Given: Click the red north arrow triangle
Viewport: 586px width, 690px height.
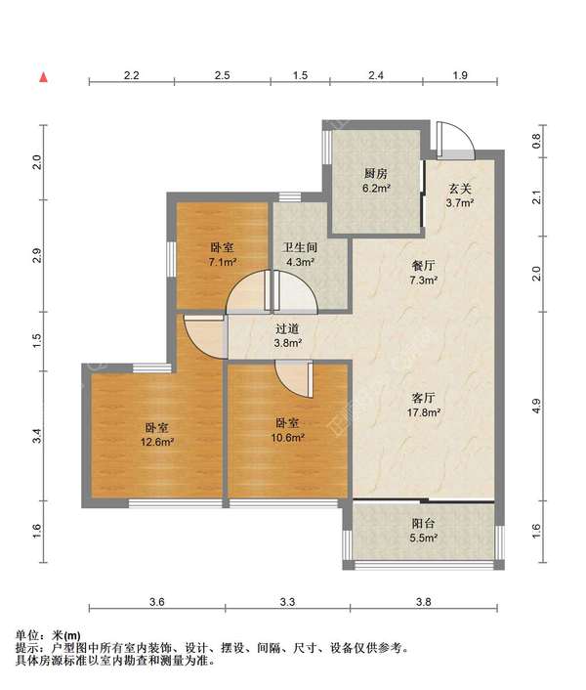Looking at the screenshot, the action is click(x=43, y=77).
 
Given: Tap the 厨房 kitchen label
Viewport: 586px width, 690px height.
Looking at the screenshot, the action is click(x=376, y=173).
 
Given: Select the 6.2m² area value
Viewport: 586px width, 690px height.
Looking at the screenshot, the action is click(x=376, y=189).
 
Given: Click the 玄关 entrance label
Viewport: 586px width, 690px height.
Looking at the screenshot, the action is click(x=460, y=189).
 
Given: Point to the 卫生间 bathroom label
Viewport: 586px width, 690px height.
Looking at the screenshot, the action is click(x=300, y=247).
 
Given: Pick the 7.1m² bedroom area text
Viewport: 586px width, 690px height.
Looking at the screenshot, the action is click(x=223, y=262).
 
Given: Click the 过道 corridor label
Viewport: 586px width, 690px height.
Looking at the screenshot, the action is click(x=287, y=328).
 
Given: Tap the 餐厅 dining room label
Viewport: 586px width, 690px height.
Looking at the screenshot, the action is click(x=423, y=266).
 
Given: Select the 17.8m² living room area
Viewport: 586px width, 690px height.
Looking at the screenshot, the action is click(x=423, y=412).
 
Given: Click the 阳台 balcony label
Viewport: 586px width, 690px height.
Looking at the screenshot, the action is click(x=423, y=523).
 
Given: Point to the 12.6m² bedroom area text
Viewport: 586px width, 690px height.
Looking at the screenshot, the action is click(x=157, y=442).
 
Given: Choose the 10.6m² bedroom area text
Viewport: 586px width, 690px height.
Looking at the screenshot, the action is click(x=288, y=438).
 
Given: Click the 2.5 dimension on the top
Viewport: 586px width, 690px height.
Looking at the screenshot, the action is click(x=223, y=75).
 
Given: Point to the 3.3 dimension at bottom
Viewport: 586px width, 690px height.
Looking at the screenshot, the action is click(x=287, y=601).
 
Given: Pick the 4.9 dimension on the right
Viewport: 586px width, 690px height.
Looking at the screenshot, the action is click(x=536, y=406).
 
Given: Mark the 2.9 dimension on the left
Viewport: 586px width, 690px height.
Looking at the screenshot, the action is click(x=37, y=256).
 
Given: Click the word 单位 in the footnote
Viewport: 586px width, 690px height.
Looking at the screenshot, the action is click(x=27, y=635).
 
